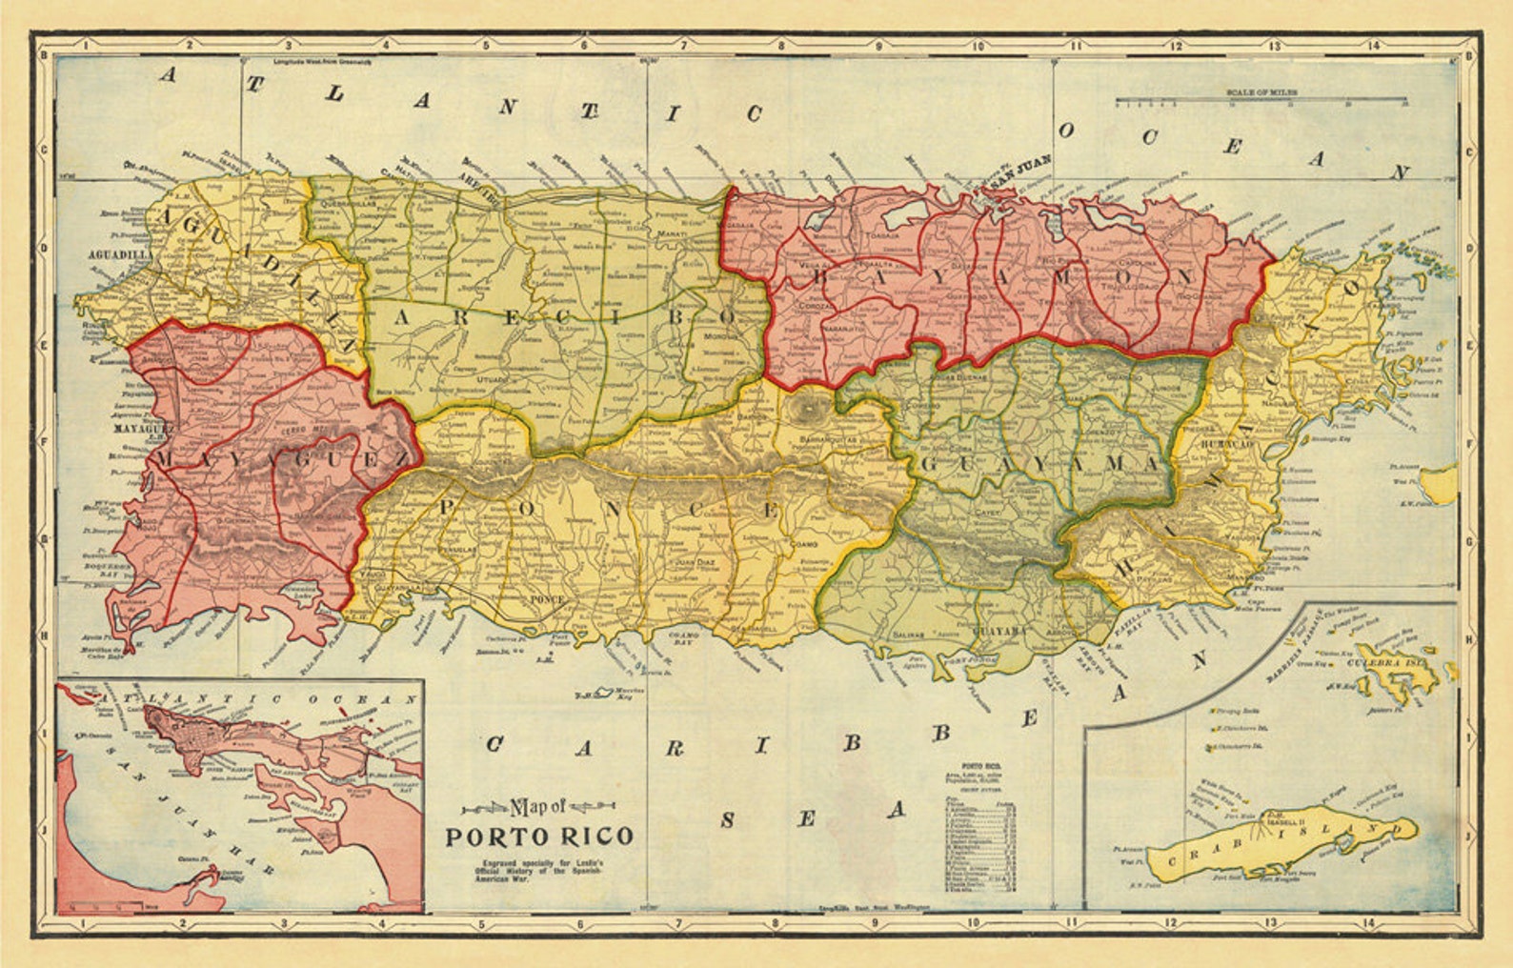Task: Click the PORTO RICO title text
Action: [x=539, y=837]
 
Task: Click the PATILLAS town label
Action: [x=1156, y=577]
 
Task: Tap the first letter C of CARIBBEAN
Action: [x=494, y=745]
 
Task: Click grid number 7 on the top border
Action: [x=682, y=44]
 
